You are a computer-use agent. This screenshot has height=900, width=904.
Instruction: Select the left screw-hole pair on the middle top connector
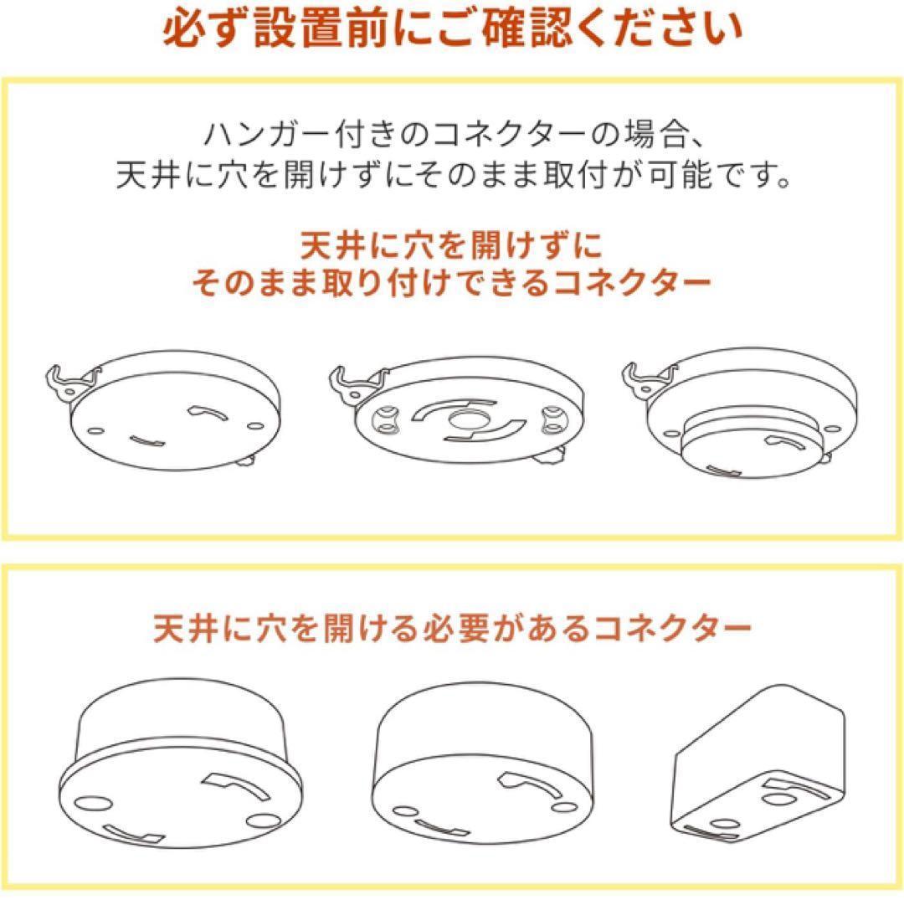coord(386,419)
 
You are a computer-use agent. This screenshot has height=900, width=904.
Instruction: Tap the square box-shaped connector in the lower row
coord(758,764)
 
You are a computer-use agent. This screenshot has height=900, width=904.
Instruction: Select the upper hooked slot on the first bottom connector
coord(236,788)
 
